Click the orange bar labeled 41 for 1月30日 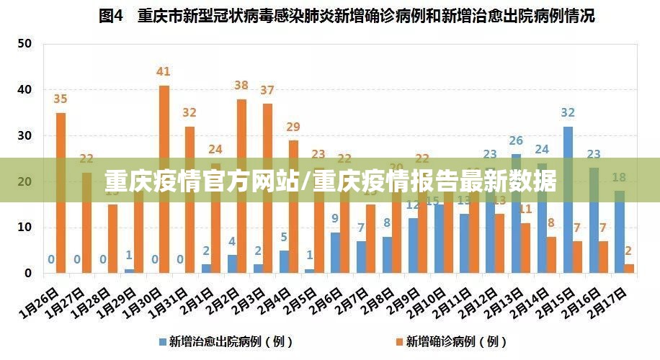click(164, 179)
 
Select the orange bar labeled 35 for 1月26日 click(61, 193)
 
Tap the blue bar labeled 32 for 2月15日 click(568, 199)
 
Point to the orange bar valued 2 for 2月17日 click(630, 269)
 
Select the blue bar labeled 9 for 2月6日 click(335, 252)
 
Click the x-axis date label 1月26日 click(40, 301)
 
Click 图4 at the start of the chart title click(112, 16)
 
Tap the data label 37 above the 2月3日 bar click(267, 91)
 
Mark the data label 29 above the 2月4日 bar click(293, 127)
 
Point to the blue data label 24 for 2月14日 click(542, 150)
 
